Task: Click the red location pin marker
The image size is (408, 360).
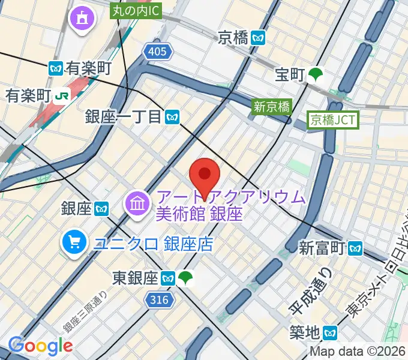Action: (x=205, y=176)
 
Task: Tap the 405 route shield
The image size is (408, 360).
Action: (x=157, y=53)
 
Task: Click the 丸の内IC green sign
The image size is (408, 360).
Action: (x=136, y=10)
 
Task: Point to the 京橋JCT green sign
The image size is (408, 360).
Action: (x=333, y=120)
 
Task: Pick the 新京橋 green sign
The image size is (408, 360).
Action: (x=272, y=107)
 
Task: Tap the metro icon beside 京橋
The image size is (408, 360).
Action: (x=259, y=37)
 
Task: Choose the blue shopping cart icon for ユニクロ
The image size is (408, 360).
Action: (x=75, y=242)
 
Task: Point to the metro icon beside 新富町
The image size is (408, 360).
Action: (x=356, y=247)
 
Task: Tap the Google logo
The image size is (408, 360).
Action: (x=41, y=346)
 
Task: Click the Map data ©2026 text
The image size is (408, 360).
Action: (x=358, y=352)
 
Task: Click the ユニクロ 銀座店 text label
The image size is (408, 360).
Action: (x=153, y=244)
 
